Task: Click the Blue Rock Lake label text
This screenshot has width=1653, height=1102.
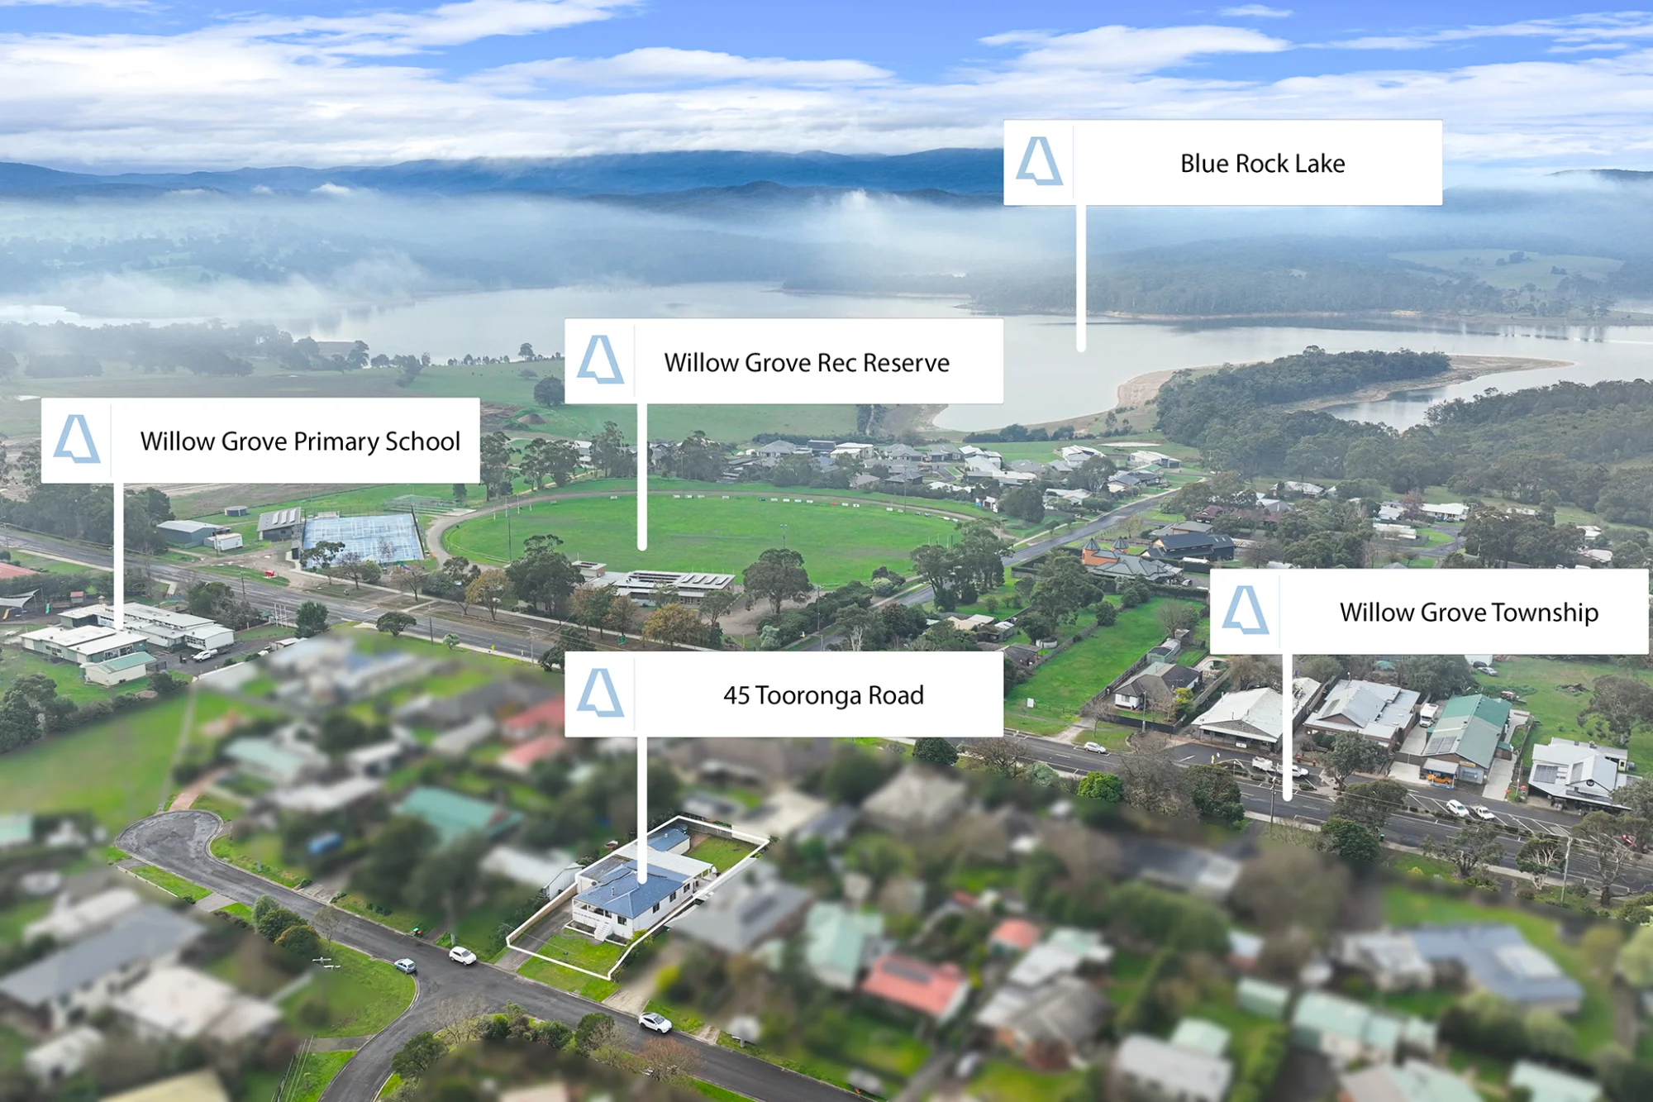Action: [1262, 164]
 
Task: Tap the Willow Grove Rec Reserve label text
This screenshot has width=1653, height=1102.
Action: [807, 363]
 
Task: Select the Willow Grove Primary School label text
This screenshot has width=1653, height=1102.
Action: [300, 441]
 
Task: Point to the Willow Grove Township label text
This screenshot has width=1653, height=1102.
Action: [1469, 613]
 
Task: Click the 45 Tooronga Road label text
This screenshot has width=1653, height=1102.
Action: [823, 695]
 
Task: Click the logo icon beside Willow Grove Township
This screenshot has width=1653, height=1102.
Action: [1245, 610]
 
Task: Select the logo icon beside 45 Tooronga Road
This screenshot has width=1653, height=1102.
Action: [600, 693]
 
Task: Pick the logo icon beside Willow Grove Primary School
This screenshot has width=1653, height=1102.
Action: [77, 438]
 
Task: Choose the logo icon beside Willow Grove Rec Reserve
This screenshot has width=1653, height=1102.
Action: [600, 360]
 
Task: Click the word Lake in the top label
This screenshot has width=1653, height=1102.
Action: [1320, 164]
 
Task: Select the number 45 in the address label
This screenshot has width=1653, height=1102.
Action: [736, 696]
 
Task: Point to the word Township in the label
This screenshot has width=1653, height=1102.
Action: [1545, 613]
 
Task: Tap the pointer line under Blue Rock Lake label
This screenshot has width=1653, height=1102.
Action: [1080, 279]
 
